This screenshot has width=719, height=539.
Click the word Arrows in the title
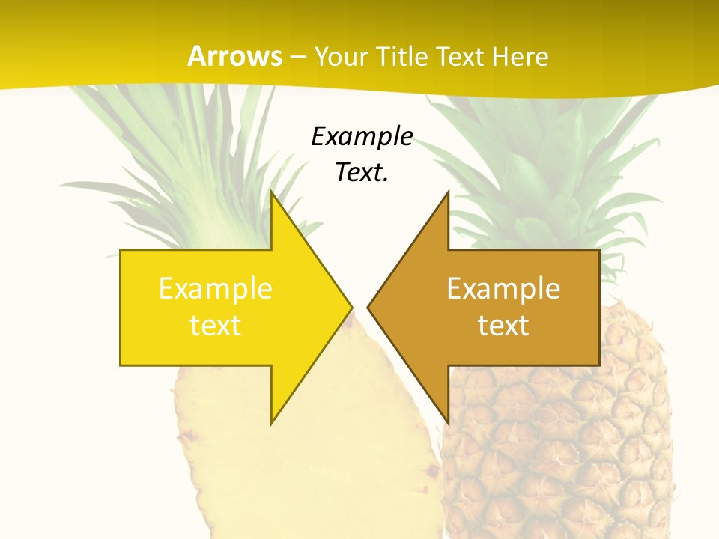pos(234,56)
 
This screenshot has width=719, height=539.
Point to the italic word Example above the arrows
pos(362,137)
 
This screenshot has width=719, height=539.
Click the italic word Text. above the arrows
pos(362,173)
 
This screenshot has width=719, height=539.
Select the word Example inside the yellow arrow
pos(216,288)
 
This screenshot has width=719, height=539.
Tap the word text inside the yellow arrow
pos(216,325)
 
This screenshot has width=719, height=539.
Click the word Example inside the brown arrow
pos(503,288)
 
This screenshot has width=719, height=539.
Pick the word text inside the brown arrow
pos(503,325)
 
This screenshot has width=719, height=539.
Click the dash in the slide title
pos(298,57)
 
